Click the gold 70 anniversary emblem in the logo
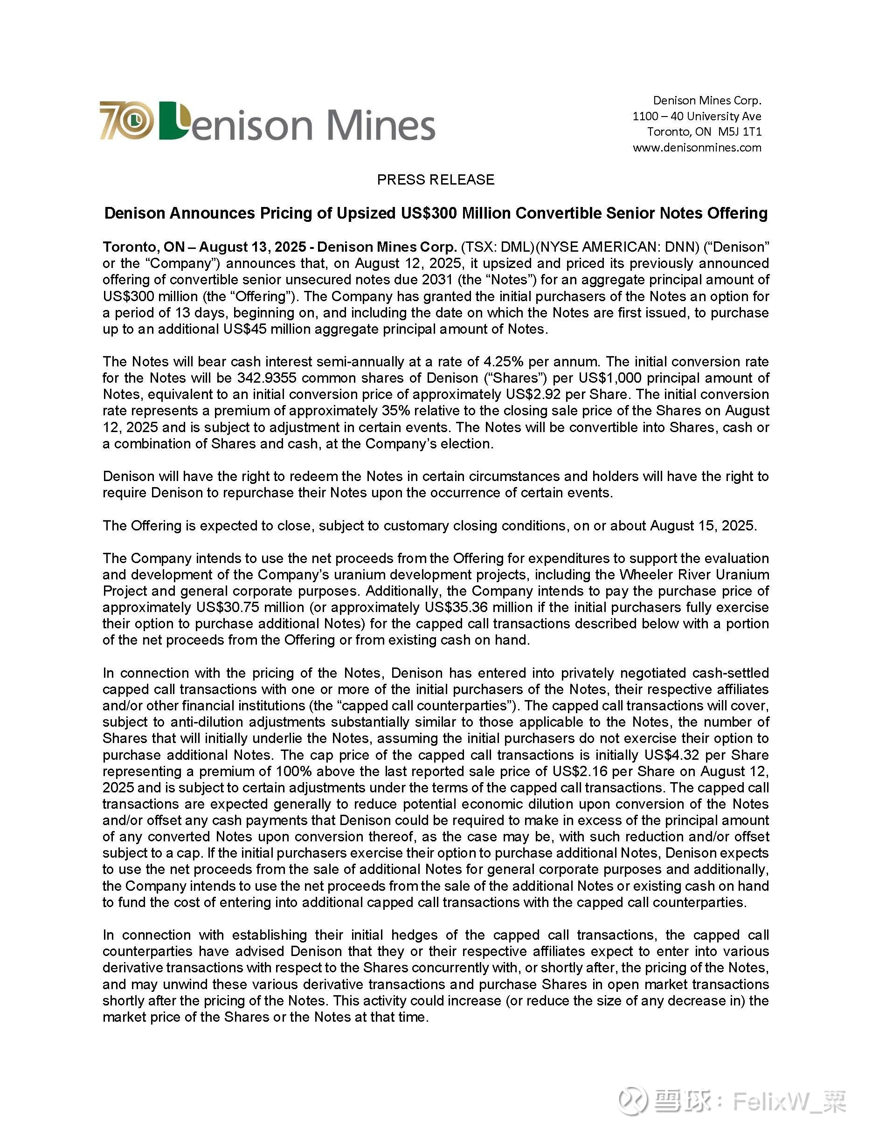[126, 120]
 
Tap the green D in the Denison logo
[173, 121]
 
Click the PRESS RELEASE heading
[436, 180]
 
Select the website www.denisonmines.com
[697, 148]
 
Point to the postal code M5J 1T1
[739, 132]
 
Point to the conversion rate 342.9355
[267, 378]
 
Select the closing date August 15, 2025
[703, 526]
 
